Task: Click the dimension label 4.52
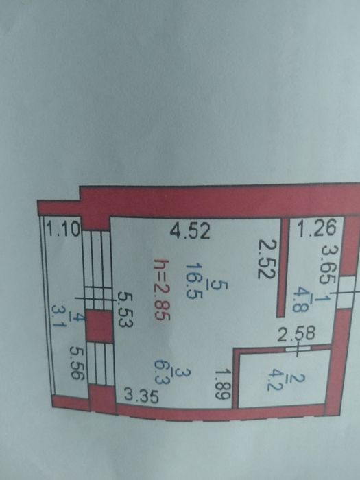190,231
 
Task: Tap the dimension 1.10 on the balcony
63,228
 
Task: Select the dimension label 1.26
317,228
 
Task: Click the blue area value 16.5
193,280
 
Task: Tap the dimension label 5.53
125,309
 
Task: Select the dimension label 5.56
77,363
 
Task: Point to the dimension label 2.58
296,334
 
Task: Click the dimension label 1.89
222,383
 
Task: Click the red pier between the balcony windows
99,326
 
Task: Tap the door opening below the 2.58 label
298,348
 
